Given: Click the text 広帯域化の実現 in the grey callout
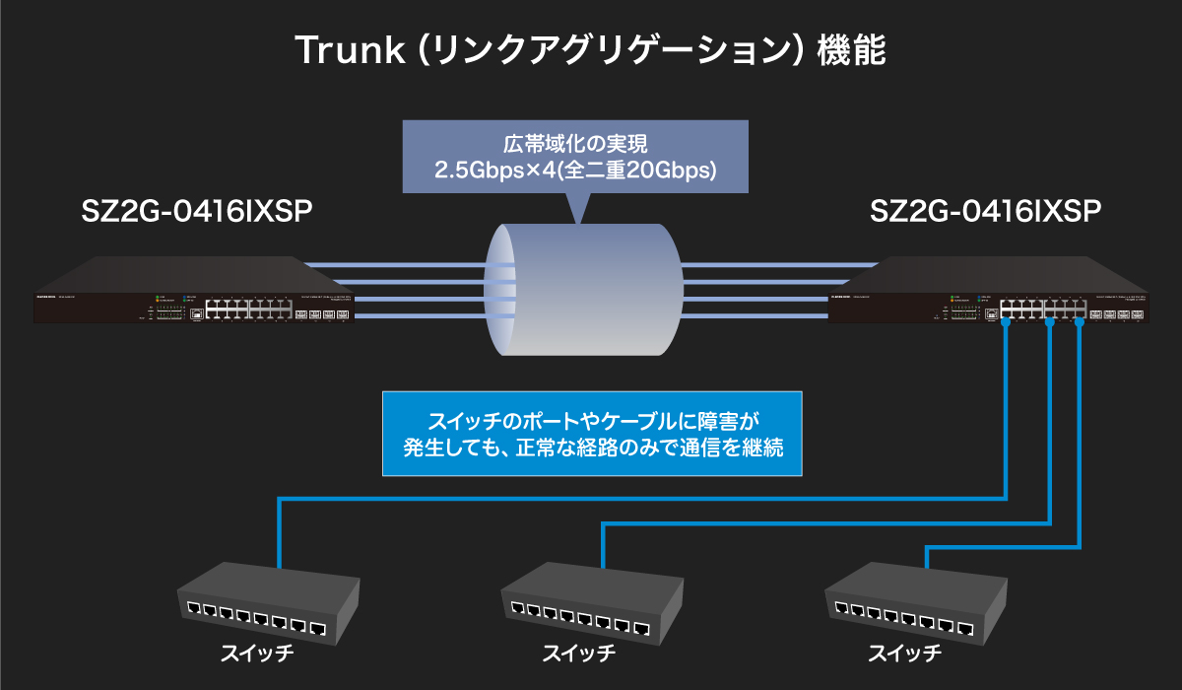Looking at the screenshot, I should (x=574, y=145).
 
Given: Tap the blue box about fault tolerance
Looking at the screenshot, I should (x=592, y=434).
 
